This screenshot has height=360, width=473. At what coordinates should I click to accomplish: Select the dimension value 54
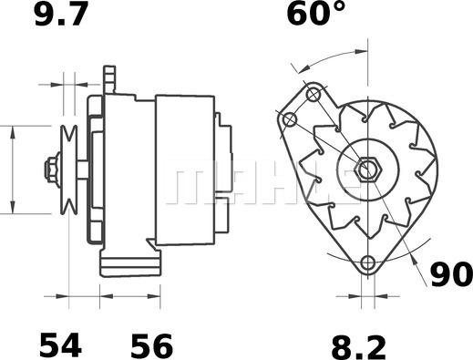tap(61, 345)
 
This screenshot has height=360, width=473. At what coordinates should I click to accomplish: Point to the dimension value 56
tap(151, 345)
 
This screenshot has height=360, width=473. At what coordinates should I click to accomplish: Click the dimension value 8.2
tap(358, 347)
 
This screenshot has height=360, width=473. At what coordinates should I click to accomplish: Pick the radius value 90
tap(451, 274)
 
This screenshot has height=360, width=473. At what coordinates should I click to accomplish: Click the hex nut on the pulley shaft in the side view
tap(51, 170)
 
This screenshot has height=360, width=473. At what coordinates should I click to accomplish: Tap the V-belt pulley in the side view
tap(69, 170)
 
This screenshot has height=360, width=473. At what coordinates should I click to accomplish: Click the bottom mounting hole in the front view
tap(368, 262)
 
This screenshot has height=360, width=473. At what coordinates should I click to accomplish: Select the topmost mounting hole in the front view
tap(314, 95)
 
